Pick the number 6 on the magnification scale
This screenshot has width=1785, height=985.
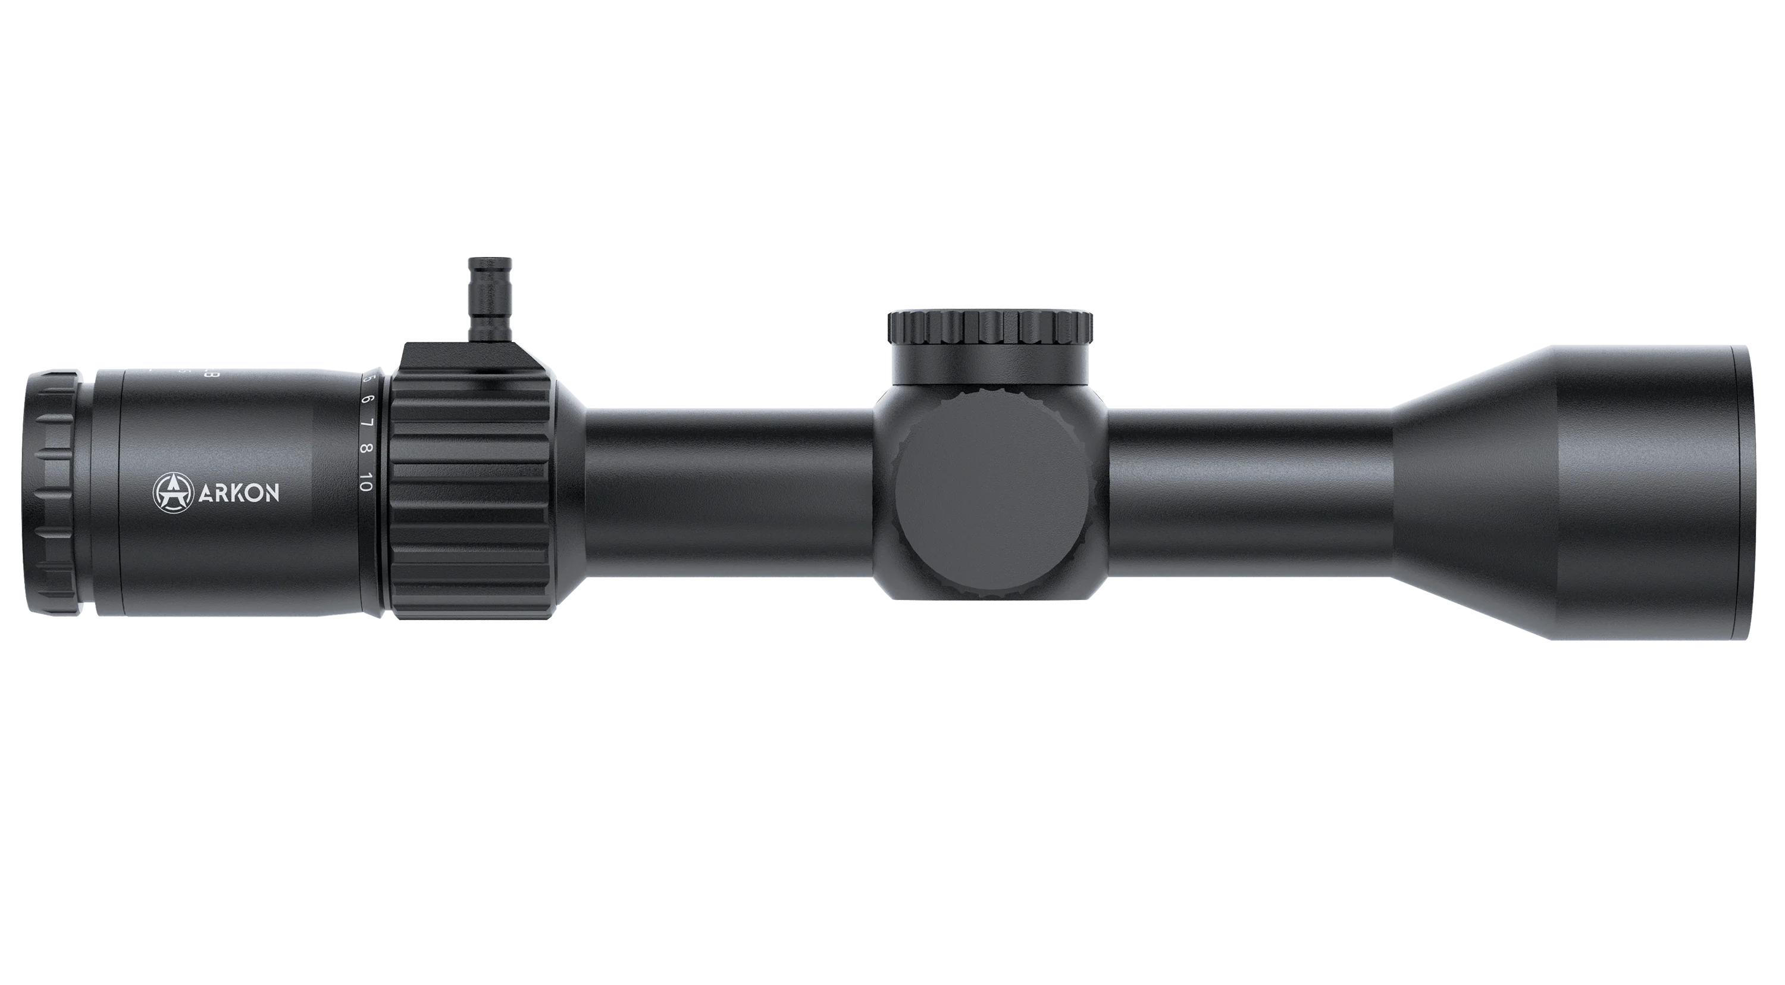point(367,400)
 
